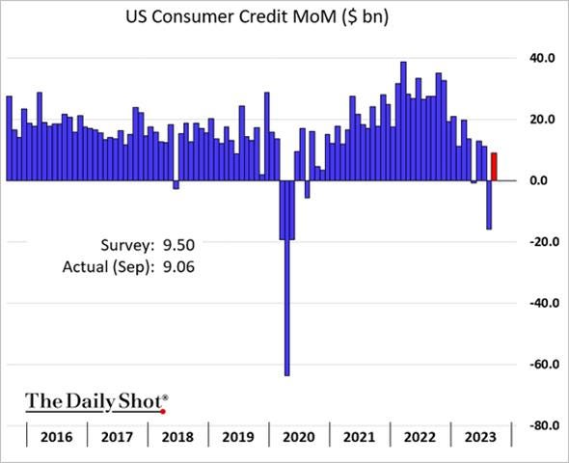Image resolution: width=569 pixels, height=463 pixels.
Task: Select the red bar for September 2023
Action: tap(495, 166)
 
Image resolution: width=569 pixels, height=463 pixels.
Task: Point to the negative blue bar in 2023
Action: tap(489, 204)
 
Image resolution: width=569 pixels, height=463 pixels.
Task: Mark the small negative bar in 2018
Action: tap(176, 184)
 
